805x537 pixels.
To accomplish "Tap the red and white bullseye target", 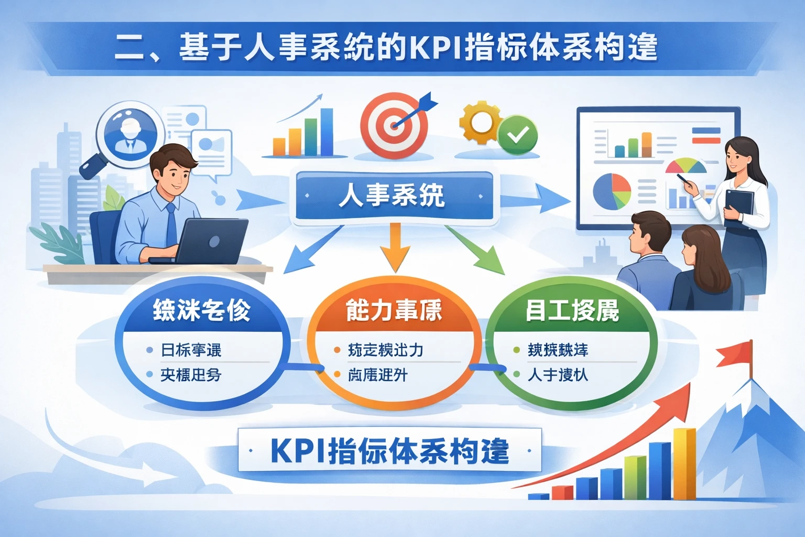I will [x=394, y=126].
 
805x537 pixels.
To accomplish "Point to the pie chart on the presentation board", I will [x=612, y=191].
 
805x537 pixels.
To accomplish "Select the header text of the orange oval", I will [x=394, y=310].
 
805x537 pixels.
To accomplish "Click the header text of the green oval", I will [x=572, y=310].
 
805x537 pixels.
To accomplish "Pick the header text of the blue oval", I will [x=202, y=310].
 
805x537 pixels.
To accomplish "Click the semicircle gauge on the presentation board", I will [x=686, y=166].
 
